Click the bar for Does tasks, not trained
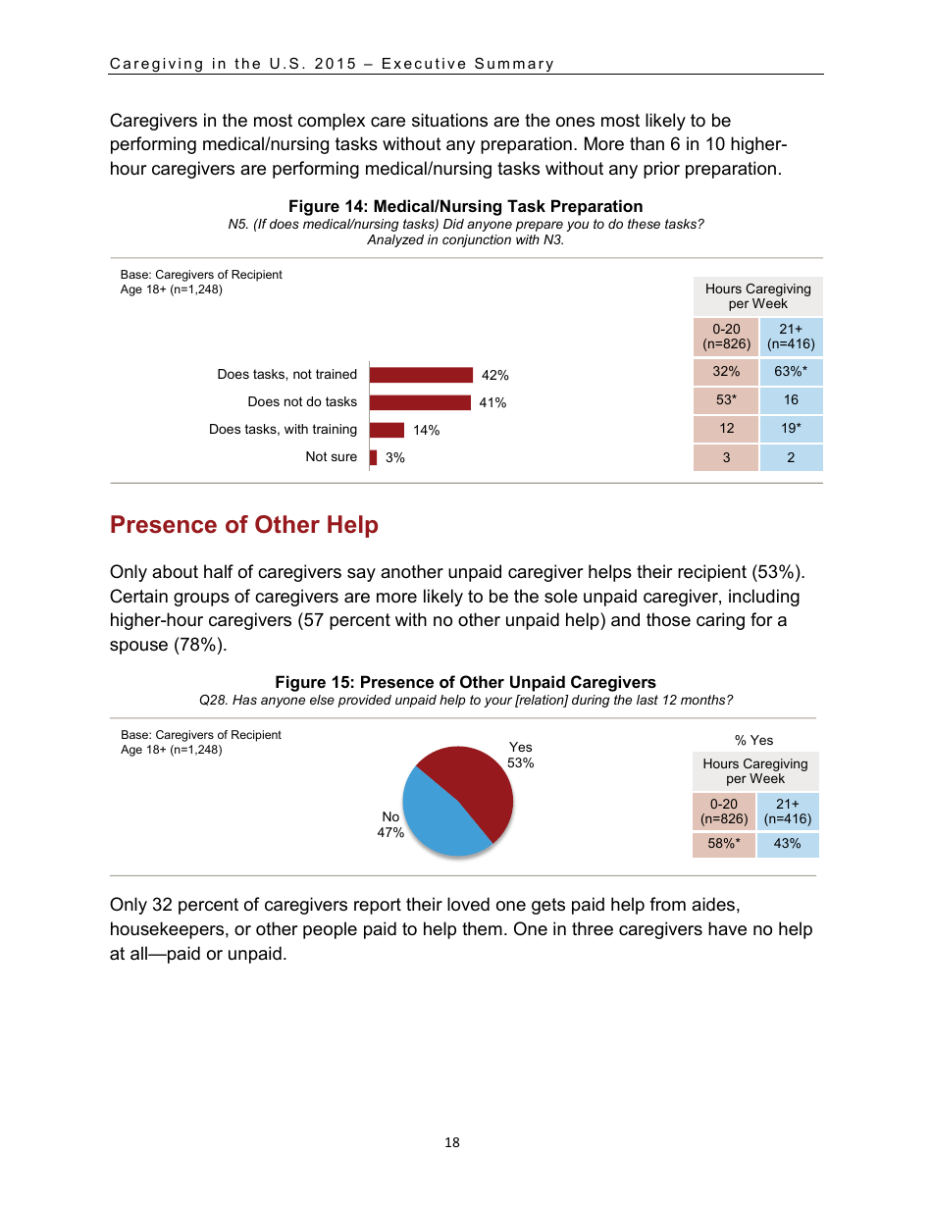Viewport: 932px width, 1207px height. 422,375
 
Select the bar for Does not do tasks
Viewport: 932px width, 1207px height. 421,402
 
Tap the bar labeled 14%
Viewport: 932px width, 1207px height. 388,430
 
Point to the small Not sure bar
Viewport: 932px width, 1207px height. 374,457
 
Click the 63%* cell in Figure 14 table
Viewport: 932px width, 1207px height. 791,372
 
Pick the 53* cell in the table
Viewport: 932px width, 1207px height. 726,399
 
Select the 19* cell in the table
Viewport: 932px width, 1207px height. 791,428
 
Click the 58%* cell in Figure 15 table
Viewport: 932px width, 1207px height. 724,844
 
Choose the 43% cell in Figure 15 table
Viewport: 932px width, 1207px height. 787,844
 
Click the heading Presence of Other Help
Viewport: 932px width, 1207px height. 244,525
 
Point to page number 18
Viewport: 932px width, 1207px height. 452,1142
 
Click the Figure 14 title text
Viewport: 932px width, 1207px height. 465,206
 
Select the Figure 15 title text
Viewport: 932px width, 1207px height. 465,682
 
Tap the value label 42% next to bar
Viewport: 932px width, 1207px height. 495,375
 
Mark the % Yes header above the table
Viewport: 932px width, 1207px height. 754,740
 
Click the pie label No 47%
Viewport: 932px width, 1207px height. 390,824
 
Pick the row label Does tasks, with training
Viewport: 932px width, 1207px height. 283,430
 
